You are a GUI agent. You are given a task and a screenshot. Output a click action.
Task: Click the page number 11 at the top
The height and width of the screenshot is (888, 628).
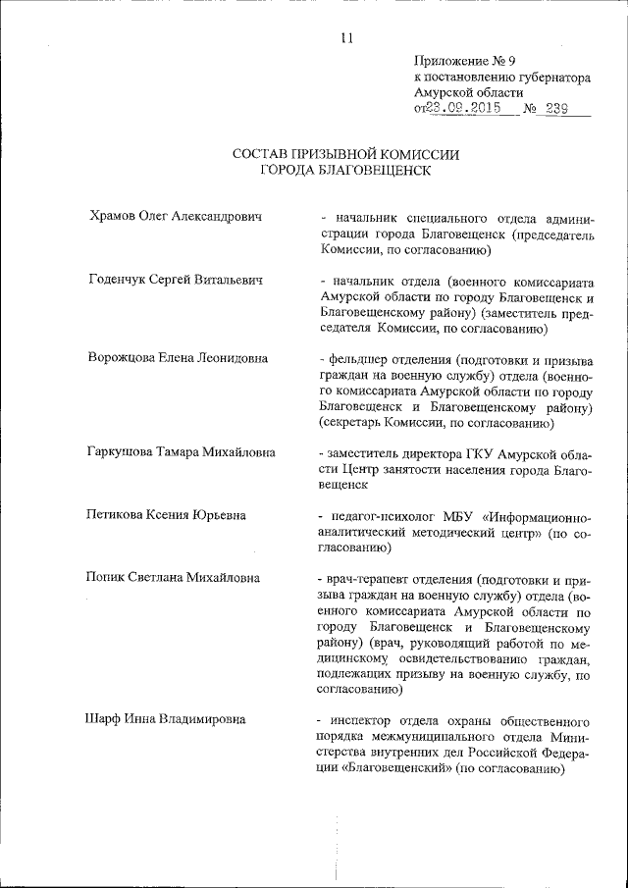click(x=345, y=38)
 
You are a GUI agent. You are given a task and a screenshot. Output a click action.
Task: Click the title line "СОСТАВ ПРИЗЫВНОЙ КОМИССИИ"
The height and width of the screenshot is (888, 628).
click(x=345, y=154)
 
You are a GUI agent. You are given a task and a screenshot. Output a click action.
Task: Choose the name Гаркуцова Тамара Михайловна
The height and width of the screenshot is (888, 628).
click(x=182, y=452)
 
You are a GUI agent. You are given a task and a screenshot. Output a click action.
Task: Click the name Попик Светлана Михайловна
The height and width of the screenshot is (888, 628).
click(x=174, y=578)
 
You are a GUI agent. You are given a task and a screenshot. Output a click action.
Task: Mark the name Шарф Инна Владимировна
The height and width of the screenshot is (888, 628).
click(x=166, y=719)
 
